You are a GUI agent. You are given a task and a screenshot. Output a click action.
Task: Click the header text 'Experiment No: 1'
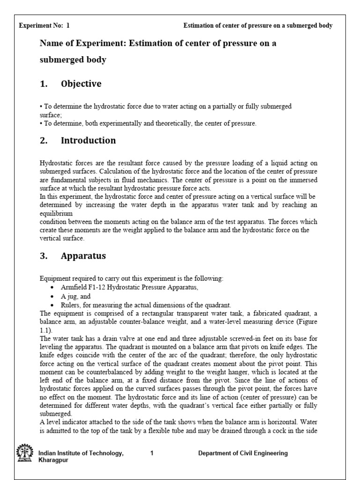point(44,26)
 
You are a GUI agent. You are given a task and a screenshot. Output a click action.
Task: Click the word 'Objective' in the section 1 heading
point(81,84)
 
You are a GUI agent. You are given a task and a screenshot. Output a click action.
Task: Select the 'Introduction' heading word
point(88,140)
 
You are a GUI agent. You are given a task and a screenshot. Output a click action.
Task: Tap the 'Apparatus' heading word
point(83,256)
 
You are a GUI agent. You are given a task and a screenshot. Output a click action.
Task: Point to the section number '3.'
point(44,256)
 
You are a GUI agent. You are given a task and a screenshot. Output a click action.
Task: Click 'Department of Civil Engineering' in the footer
point(243,453)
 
